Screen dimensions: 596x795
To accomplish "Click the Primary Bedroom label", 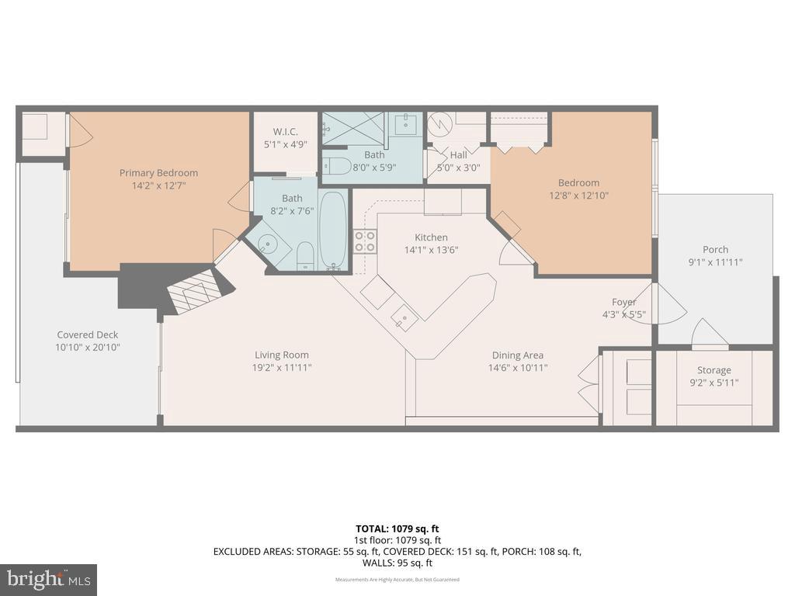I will click(158, 173).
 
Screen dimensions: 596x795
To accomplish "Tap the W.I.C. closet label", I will click(285, 131).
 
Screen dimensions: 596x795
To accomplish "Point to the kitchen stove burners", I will click(365, 241).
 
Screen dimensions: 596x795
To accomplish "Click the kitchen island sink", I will click(404, 314).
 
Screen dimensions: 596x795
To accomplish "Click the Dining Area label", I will click(517, 355).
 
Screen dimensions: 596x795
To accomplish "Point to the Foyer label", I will click(623, 302).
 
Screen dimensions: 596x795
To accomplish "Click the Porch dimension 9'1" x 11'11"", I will click(715, 262).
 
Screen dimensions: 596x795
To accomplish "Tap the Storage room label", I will click(713, 370).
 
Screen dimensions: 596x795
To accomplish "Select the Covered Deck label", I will click(87, 334).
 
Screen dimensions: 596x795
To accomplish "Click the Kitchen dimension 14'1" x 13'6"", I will click(431, 250).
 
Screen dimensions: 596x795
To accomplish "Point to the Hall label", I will click(458, 155).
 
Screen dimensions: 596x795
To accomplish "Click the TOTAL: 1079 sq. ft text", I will click(397, 528).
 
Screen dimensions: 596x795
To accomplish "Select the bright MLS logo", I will click(48, 579).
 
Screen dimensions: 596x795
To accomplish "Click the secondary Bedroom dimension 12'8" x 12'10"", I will click(578, 196).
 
